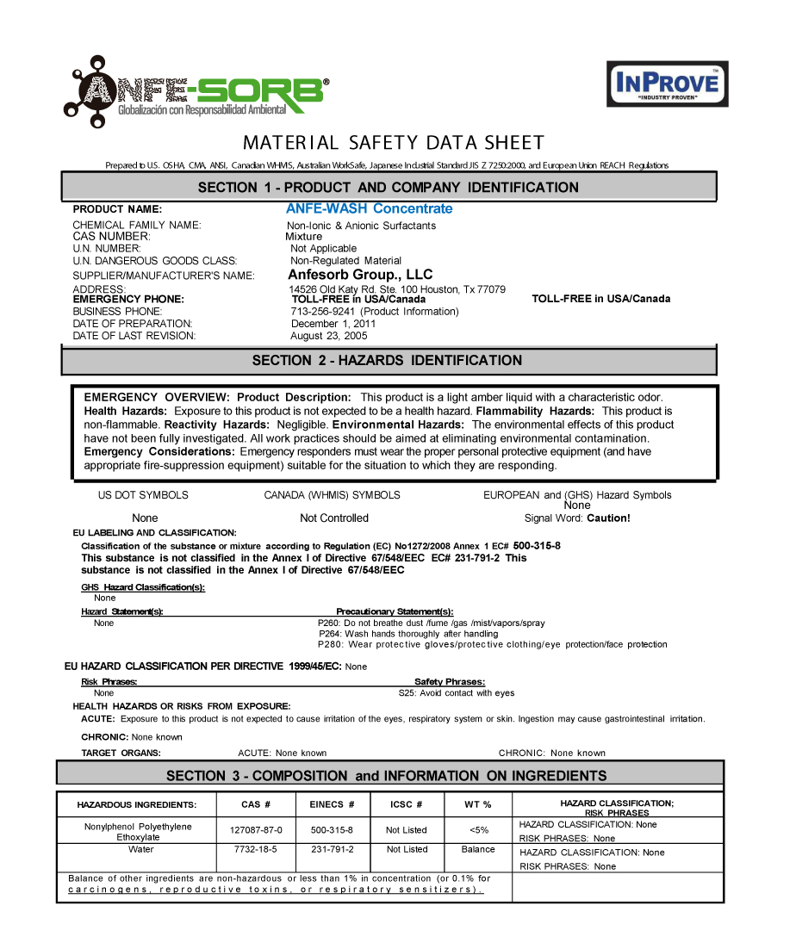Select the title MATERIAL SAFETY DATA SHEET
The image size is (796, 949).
click(x=393, y=143)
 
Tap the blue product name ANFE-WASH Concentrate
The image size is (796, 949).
click(x=369, y=208)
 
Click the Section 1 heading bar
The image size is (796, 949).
click(x=389, y=187)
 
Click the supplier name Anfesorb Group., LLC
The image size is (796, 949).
click(x=360, y=275)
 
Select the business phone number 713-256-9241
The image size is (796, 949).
click(x=324, y=312)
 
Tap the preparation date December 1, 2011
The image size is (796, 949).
click(x=333, y=324)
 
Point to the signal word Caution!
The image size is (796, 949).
click(x=608, y=518)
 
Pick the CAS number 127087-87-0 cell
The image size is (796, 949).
click(x=256, y=830)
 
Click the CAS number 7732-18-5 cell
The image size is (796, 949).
click(x=256, y=850)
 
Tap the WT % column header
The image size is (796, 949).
click(x=478, y=804)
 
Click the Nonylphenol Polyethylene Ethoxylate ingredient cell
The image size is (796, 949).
click(x=138, y=831)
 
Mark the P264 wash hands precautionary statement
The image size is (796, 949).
click(x=408, y=634)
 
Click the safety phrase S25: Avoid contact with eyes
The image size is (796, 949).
click(x=456, y=692)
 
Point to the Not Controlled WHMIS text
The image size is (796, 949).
click(x=333, y=518)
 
